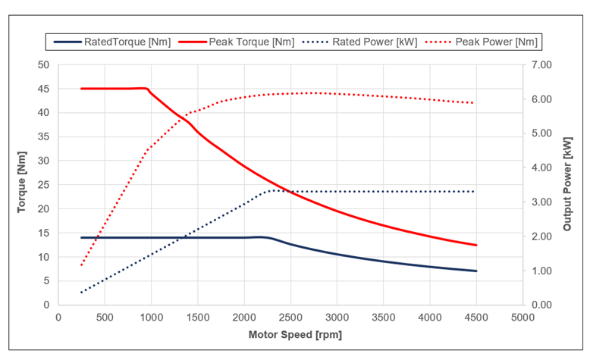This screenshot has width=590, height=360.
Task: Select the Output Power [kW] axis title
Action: [x=567, y=185]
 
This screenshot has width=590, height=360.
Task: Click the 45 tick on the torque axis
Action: [x=43, y=89]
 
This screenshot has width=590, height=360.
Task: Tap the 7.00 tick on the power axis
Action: [x=544, y=65]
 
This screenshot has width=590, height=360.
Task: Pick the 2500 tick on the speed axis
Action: [x=290, y=317]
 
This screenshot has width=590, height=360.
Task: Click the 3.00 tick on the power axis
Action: [x=544, y=202]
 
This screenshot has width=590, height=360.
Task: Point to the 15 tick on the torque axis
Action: [x=43, y=233]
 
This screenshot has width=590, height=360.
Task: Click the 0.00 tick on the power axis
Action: [x=544, y=305]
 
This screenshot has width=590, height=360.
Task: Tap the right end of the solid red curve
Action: [x=476, y=245]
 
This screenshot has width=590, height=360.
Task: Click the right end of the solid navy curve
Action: [x=476, y=271]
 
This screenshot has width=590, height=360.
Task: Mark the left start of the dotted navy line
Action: [x=81, y=292]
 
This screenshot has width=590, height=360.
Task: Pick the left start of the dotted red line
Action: [x=81, y=265]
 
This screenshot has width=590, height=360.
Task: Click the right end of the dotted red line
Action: [x=475, y=103]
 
